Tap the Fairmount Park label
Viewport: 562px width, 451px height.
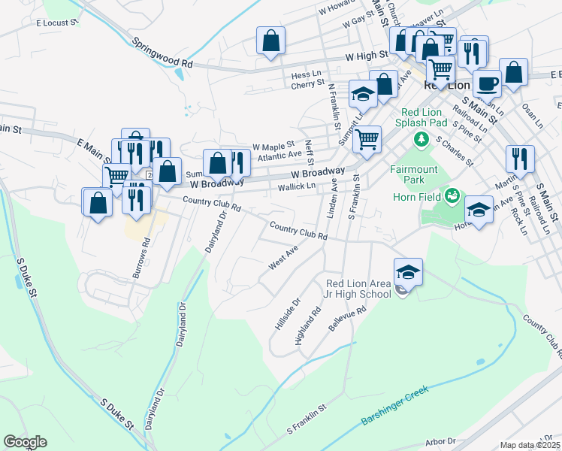(x=413, y=174)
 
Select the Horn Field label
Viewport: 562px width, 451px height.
(x=416, y=197)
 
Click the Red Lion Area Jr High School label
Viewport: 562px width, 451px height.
(x=358, y=289)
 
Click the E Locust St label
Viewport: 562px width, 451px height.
(x=57, y=23)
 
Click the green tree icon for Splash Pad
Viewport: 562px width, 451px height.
(x=422, y=139)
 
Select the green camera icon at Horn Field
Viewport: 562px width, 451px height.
(x=452, y=197)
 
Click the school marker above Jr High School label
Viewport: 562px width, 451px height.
(x=408, y=271)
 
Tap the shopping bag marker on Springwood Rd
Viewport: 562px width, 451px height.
(x=270, y=40)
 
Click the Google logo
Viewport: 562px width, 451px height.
(x=25, y=442)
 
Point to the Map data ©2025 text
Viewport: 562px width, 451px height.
(x=530, y=446)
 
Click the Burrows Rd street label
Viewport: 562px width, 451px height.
(x=141, y=259)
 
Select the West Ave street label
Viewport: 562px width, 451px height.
(x=283, y=261)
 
